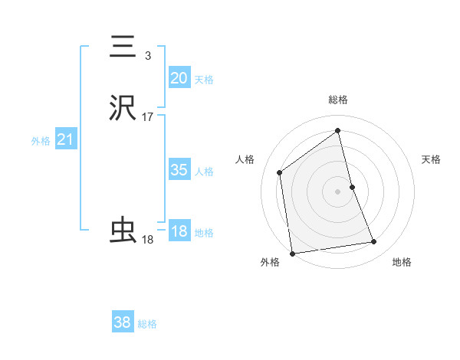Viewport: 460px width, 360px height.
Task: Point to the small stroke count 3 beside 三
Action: click(x=147, y=55)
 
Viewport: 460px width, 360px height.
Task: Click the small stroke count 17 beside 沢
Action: click(x=147, y=117)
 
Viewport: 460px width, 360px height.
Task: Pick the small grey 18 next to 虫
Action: click(x=147, y=240)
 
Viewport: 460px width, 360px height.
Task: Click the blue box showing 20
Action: click(x=179, y=77)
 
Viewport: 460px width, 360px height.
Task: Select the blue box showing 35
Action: click(x=179, y=170)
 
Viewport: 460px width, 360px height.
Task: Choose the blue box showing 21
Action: click(x=65, y=139)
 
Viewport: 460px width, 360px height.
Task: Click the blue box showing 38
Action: click(x=123, y=322)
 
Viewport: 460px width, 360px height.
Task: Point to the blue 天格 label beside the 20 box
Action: click(x=204, y=79)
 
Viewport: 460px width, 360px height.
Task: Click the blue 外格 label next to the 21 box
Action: click(x=40, y=141)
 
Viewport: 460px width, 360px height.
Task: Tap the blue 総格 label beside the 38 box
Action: click(x=147, y=324)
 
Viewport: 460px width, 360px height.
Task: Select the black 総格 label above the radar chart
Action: click(x=338, y=100)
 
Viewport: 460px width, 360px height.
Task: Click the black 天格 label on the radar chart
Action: click(x=432, y=159)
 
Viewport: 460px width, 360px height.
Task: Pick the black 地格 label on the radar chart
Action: click(x=402, y=262)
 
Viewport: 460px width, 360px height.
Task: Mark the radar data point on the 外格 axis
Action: click(x=292, y=253)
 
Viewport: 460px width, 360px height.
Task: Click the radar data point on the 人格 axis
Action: click(x=280, y=172)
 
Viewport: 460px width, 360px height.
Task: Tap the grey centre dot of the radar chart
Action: click(x=338, y=191)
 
